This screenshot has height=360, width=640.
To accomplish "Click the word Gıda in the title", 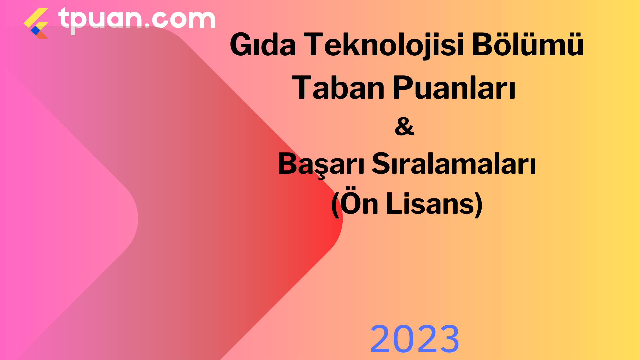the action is click(263, 45).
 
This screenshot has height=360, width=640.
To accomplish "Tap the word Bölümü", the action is click(528, 44).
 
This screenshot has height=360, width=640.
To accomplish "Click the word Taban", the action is click(338, 87).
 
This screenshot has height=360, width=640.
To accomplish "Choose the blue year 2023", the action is click(415, 339).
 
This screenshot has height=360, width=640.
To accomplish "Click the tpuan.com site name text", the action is click(137, 19).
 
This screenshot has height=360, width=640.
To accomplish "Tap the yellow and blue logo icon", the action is click(36, 23).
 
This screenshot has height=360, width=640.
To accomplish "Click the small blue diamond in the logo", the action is click(35, 30).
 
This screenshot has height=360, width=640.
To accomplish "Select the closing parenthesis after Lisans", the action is click(479, 204).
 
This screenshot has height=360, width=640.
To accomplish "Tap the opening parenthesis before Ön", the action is click(335, 204).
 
